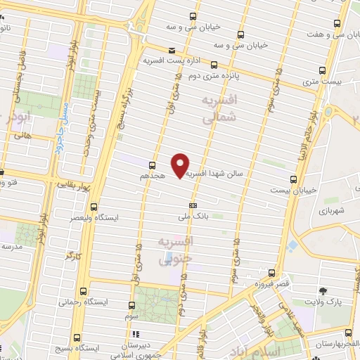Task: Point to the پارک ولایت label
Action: tap(323, 302)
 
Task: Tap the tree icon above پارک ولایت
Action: tap(323, 290)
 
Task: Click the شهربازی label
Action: tap(331, 210)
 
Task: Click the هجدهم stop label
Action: tap(153, 175)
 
